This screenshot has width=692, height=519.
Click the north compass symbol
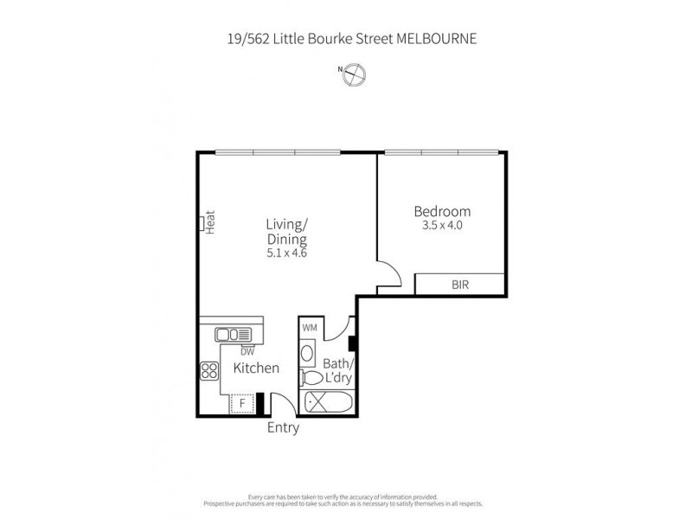[353, 75]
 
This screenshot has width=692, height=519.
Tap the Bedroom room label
[441, 211]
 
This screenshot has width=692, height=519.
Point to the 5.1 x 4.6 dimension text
[287, 253]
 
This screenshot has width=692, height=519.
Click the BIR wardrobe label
[461, 285]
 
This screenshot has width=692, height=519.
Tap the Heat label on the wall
[210, 223]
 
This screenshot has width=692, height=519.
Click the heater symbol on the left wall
[201, 223]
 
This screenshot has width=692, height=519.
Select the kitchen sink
[233, 334]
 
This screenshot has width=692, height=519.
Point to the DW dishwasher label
[247, 351]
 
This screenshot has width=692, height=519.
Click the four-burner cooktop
[209, 370]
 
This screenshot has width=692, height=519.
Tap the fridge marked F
[243, 404]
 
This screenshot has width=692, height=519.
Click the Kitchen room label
[256, 368]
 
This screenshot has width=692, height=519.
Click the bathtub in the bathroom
[325, 402]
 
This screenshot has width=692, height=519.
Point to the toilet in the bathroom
[309, 378]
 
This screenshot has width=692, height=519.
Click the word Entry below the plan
[283, 428]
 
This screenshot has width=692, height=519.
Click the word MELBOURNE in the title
[437, 39]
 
